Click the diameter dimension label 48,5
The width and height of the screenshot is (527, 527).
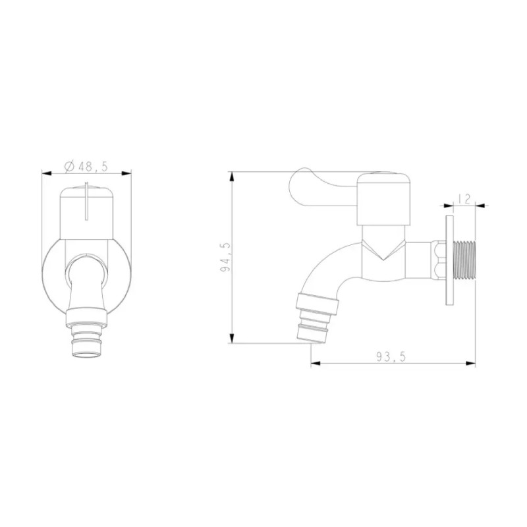92,166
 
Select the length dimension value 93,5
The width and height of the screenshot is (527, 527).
391,356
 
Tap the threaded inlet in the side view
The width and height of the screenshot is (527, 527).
464,260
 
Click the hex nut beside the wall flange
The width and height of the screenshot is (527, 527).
438,260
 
